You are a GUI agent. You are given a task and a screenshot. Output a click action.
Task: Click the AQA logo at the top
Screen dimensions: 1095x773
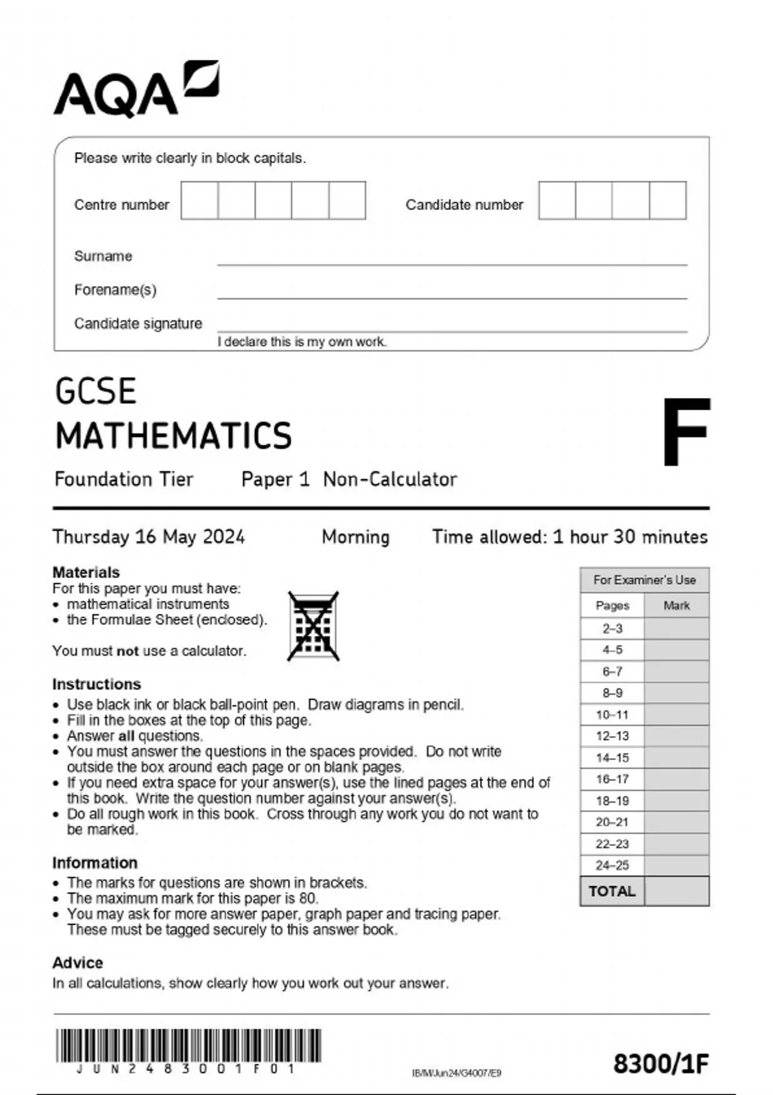point(135,90)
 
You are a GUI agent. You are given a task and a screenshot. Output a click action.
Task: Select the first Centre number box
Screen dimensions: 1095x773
point(199,200)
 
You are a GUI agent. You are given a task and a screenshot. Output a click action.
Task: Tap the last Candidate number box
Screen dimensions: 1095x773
point(667,200)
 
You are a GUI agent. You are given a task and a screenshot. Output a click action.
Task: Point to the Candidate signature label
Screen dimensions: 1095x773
point(138,323)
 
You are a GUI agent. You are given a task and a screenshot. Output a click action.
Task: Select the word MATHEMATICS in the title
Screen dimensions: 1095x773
point(173,435)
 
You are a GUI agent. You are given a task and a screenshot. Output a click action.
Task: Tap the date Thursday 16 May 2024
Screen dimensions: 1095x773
point(148,537)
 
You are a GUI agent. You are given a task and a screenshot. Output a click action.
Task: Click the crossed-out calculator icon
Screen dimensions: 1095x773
point(313,626)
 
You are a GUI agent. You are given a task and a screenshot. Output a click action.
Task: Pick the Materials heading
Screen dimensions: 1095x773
point(86,572)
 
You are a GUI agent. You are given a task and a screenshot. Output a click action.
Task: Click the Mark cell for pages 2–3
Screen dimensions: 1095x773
point(676,629)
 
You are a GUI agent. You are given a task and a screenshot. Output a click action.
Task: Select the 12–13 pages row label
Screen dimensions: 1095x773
point(612,736)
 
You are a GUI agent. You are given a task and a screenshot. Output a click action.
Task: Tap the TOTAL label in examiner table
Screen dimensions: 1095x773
point(612,891)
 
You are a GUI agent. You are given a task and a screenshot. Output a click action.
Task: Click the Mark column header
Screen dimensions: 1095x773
point(676,605)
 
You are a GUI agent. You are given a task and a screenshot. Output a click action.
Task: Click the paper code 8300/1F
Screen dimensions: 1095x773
point(660,1063)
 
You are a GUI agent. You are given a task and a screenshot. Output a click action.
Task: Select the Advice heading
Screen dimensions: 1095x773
point(77,962)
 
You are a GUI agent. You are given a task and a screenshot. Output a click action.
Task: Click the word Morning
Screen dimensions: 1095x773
point(356,537)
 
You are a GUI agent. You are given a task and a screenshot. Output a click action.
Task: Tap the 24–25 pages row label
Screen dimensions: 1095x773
point(612,865)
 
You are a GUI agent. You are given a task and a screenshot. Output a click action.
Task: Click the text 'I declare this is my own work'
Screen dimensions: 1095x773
point(301,342)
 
